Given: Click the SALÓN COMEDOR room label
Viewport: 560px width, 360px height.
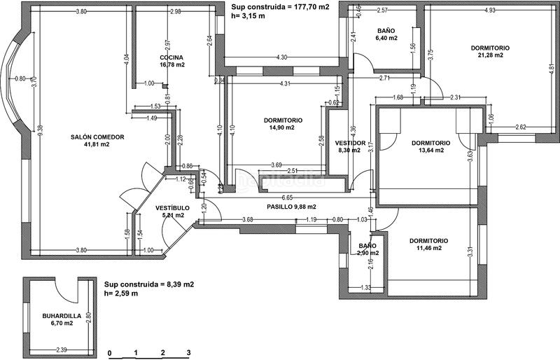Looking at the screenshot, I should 97,141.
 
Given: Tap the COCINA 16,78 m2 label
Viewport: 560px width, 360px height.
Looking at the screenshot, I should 171,61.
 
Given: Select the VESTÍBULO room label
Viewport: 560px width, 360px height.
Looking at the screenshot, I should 170,211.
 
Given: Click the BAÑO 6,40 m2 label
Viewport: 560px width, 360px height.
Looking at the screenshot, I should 386,35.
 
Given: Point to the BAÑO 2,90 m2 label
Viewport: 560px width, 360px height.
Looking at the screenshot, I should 367,249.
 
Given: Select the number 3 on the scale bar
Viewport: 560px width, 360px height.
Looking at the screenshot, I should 188,353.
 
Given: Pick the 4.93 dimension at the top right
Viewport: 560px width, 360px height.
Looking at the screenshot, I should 489,11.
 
